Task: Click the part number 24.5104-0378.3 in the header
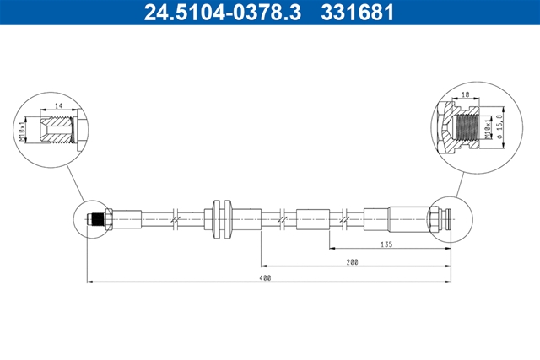click(223, 12)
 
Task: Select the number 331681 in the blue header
click(357, 12)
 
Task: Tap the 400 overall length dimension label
click(266, 277)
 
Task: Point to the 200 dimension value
click(353, 262)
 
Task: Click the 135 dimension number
click(386, 244)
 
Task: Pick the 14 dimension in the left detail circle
click(58, 105)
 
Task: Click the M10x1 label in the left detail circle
click(23, 131)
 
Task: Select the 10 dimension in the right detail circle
click(466, 94)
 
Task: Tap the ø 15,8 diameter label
click(499, 126)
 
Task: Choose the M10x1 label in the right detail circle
click(488, 127)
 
